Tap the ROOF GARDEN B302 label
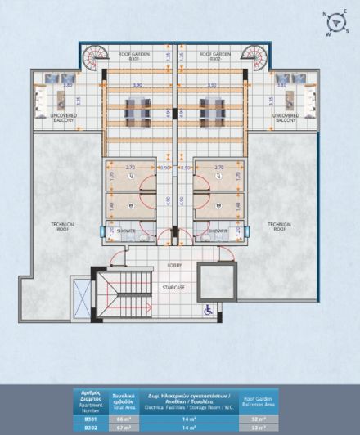pyautogui.click(x=215, y=56)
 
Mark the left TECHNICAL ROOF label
pyautogui.click(x=63, y=226)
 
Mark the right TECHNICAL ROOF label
pyautogui.click(x=281, y=226)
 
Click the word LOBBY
pyautogui.click(x=173, y=266)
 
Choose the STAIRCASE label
pyautogui.click(x=173, y=287)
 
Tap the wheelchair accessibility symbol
pyautogui.click(x=209, y=308)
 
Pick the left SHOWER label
pyautogui.click(x=125, y=231)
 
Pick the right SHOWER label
pyautogui.click(x=218, y=231)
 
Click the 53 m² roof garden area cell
pyautogui.click(x=257, y=426)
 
